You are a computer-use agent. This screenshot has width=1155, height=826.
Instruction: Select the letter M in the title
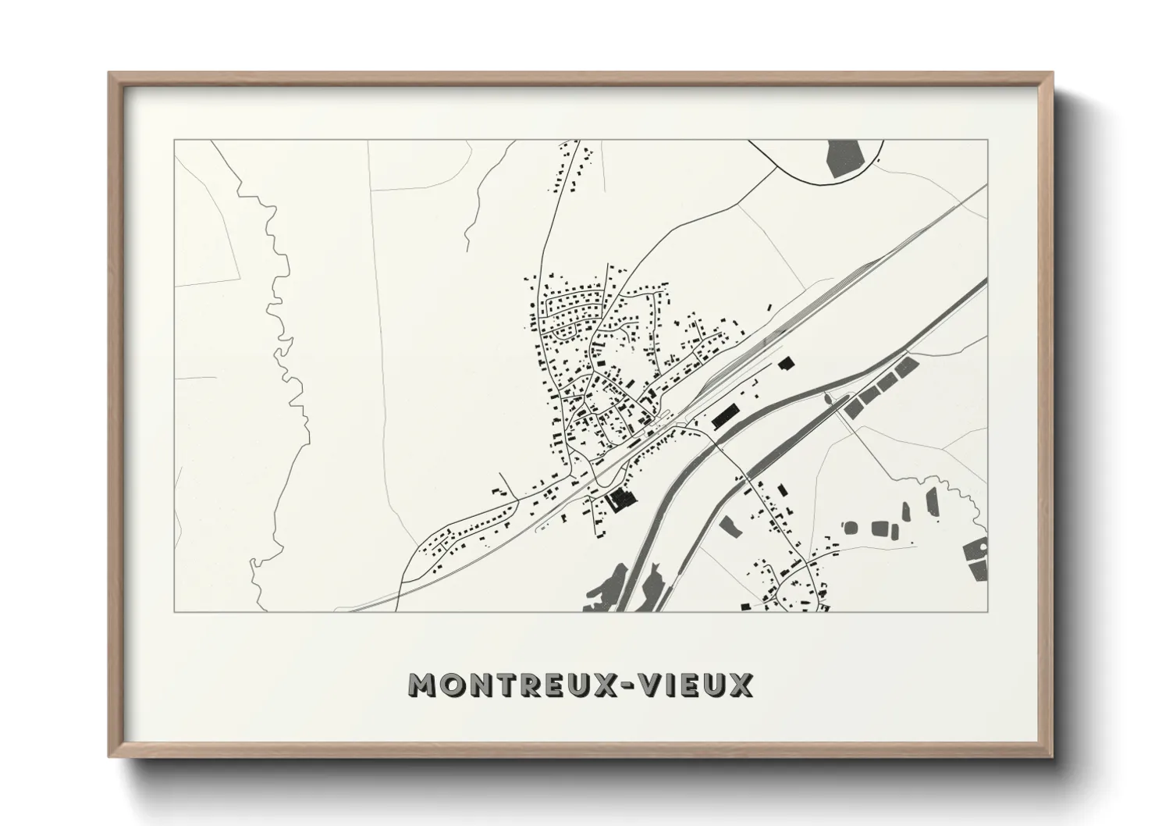click(x=422, y=685)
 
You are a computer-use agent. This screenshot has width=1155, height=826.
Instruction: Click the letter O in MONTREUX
click(x=451, y=685)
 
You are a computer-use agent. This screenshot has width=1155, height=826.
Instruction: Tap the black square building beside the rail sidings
click(x=785, y=363)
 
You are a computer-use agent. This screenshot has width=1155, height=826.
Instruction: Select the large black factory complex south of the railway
click(x=620, y=498)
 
